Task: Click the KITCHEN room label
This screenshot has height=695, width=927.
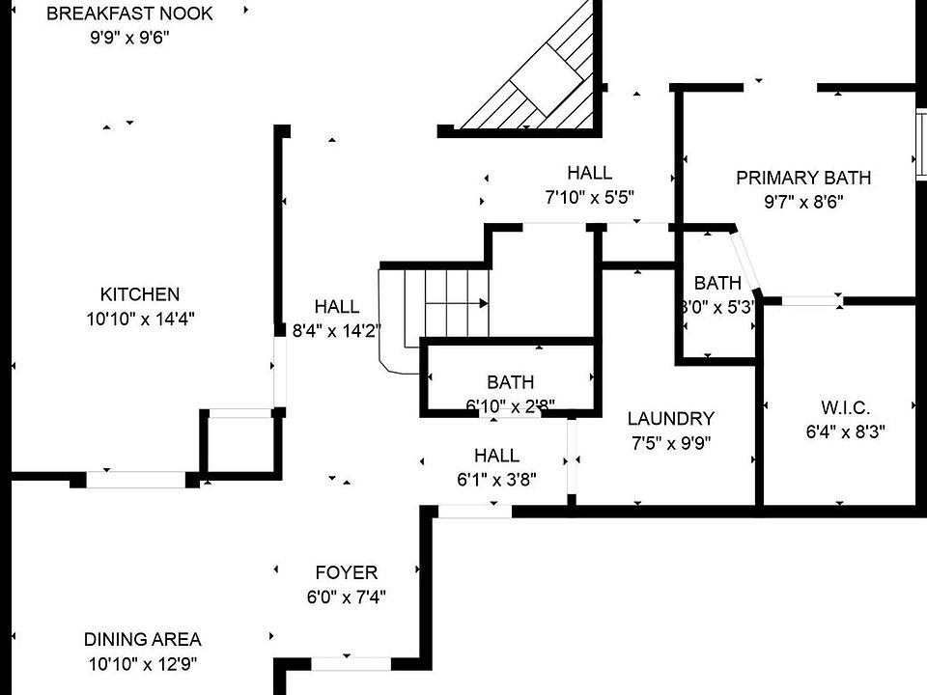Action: [x=139, y=294]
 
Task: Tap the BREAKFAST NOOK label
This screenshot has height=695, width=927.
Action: [x=129, y=14]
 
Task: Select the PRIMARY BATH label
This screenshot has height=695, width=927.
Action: [x=803, y=178]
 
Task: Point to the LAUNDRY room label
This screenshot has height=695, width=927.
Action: [x=671, y=418]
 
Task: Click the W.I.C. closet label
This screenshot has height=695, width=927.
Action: [x=846, y=407]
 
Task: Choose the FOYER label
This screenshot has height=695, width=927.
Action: [x=347, y=572]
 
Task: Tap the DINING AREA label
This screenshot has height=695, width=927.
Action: [x=143, y=639]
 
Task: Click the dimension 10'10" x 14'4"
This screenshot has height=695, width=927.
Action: [x=140, y=320]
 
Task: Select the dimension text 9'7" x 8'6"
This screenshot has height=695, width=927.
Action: [x=803, y=202]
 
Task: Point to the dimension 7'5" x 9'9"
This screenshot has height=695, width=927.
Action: [x=671, y=443]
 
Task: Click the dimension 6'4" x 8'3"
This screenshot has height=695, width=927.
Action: [x=846, y=432]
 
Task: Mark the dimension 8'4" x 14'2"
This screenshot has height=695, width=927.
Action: [x=336, y=331]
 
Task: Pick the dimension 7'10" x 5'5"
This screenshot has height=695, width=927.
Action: [x=589, y=197]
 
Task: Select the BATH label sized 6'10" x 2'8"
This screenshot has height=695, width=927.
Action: [x=511, y=382]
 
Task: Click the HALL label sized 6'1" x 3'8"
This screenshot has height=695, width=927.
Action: [x=496, y=456]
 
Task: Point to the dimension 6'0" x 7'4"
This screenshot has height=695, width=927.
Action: [x=347, y=597]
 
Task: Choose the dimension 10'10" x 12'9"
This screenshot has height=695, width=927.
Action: [x=143, y=664]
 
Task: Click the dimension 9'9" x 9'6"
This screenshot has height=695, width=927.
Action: [x=129, y=38]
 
